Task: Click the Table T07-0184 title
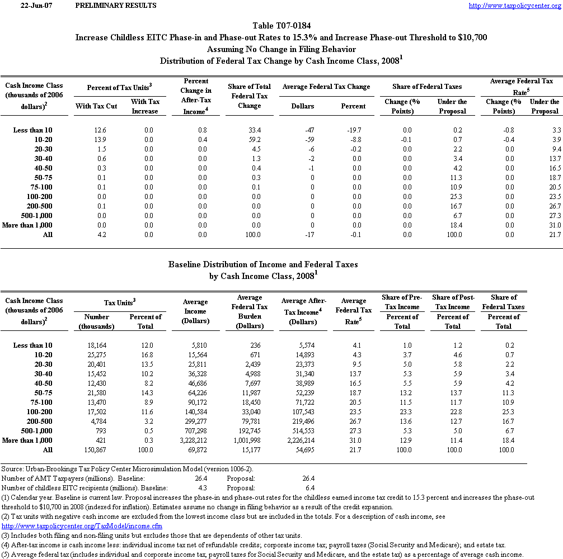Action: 281,26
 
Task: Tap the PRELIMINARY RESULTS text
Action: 115,6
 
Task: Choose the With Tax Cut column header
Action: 96,106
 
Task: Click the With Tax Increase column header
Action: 145,106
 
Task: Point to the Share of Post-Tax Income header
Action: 452,302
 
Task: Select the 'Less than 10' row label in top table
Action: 33,130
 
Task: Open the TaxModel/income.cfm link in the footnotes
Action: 82,527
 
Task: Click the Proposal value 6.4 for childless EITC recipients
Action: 308,487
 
